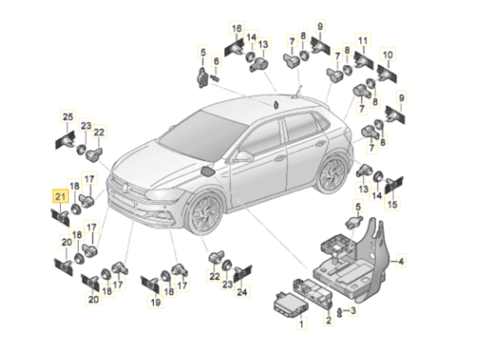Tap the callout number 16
click(x=238, y=29)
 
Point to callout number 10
click(x=388, y=55)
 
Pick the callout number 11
click(x=363, y=41)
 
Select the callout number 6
click(x=216, y=61)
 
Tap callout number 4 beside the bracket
click(x=401, y=261)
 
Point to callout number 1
click(x=301, y=325)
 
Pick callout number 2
click(x=329, y=320)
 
